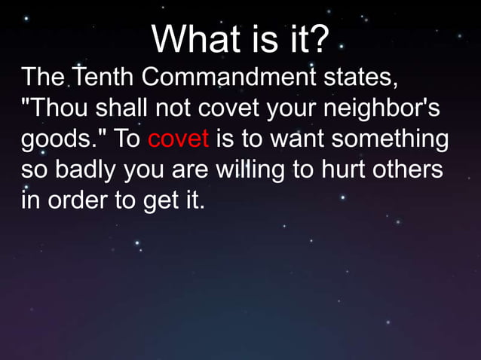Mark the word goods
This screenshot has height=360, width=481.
(x=54, y=141)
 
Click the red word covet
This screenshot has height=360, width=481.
(x=179, y=141)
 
